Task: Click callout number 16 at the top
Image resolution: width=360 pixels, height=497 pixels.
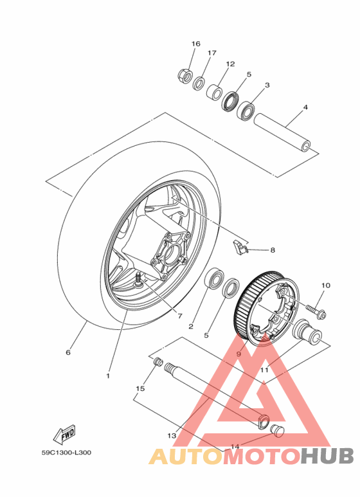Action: tap(196, 44)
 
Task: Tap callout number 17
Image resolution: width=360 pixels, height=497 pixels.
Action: tap(212, 53)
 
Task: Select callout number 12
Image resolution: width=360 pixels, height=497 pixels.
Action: tap(230, 64)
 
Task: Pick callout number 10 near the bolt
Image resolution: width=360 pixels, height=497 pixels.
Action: tap(325, 285)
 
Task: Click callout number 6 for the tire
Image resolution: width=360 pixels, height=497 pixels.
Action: tap(67, 352)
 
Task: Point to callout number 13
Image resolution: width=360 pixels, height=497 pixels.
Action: tap(172, 435)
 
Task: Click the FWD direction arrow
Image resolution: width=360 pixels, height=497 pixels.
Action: tap(66, 435)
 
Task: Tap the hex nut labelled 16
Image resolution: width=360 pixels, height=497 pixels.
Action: tap(184, 76)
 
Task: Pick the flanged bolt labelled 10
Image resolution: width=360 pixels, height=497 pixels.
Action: tap(315, 310)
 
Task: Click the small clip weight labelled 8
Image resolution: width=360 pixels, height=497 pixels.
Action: tap(240, 246)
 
